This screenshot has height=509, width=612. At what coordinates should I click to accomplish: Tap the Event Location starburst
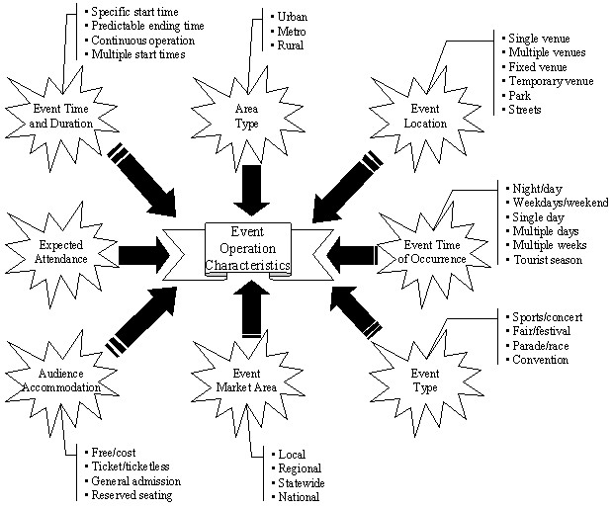point(425,117)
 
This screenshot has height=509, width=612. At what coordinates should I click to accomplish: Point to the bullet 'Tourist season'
point(547,260)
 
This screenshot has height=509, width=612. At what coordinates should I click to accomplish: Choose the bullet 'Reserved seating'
point(132,495)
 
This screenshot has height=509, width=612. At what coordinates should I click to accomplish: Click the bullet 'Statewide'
point(302,483)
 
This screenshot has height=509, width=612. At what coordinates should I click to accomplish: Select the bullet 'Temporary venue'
point(549,80)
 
